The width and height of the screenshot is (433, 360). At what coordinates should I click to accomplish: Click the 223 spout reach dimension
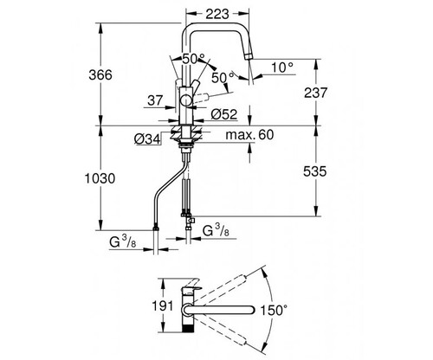pos(217,14)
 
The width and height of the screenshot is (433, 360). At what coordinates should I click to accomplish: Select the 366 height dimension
pos(100,75)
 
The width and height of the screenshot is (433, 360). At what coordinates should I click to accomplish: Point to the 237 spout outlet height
pos(316,93)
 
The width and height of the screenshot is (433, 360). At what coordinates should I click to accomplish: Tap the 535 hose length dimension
pos(315,171)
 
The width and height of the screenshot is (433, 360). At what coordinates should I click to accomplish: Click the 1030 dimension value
pos(100,178)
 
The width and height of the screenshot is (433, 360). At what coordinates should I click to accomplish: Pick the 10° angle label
pos(282,67)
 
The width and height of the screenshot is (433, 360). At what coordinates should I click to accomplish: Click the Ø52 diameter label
pos(224,114)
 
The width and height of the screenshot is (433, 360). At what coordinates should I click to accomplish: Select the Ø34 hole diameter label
pos(147,139)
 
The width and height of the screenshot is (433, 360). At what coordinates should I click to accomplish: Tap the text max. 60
pos(249,135)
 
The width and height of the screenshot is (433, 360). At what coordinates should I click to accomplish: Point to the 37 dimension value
pos(155,100)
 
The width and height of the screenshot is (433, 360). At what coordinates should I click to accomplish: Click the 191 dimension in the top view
pos(163,305)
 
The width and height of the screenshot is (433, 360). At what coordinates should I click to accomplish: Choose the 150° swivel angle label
pos(274,311)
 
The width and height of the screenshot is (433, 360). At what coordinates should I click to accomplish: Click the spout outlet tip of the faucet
pos(250,56)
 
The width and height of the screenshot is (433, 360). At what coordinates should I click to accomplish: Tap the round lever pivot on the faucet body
pos(186,101)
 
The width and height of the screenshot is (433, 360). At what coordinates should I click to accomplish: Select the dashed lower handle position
pos(201,96)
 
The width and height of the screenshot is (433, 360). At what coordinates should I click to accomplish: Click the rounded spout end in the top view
pos(251,310)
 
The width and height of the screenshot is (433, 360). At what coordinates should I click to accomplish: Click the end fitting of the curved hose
pos(156,228)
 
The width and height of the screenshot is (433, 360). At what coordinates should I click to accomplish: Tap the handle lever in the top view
pos(191,286)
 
